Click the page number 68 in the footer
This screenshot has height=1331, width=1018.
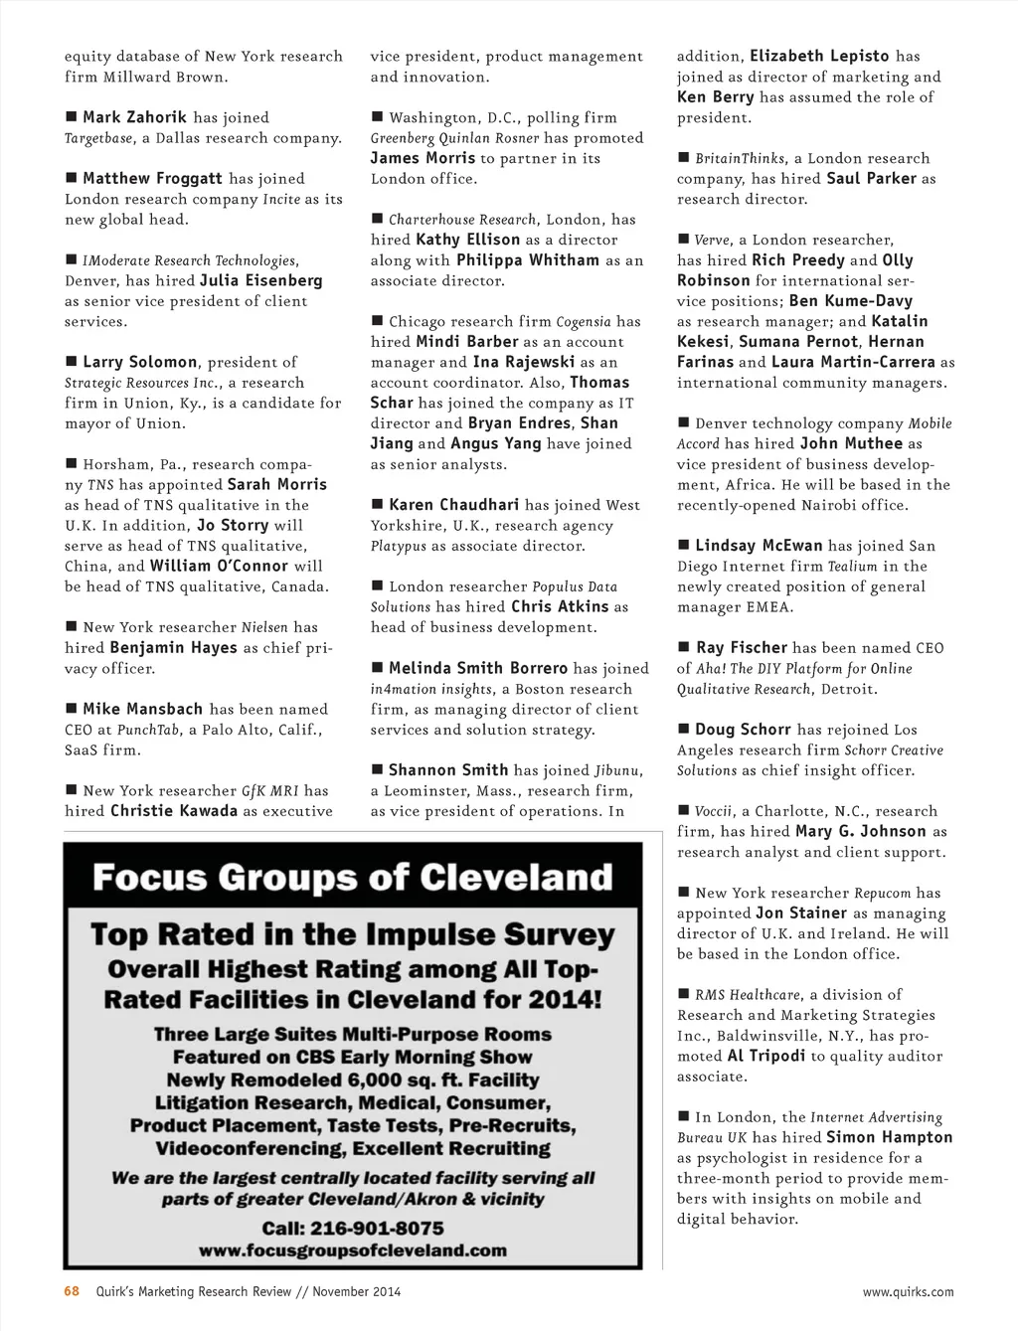(72, 1291)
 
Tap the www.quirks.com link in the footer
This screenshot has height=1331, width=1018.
(908, 1292)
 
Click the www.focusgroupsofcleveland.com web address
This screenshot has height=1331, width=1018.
(352, 1250)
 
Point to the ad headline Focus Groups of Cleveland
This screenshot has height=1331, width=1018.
(352, 878)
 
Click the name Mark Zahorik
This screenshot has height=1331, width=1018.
(134, 117)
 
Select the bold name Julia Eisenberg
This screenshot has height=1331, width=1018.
(260, 280)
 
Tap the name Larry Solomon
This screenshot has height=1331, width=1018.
(140, 362)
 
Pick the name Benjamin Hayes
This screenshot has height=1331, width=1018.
(173, 647)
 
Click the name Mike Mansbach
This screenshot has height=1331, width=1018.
(143, 709)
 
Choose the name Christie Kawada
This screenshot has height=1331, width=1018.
(174, 810)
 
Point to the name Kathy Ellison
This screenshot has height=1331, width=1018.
(467, 240)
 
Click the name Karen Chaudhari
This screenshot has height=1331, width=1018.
(453, 505)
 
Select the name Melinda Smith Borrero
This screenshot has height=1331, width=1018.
(478, 668)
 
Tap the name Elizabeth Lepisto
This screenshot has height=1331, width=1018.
(819, 56)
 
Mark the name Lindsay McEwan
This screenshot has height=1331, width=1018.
(759, 545)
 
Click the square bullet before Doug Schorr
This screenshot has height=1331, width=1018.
(684, 729)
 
